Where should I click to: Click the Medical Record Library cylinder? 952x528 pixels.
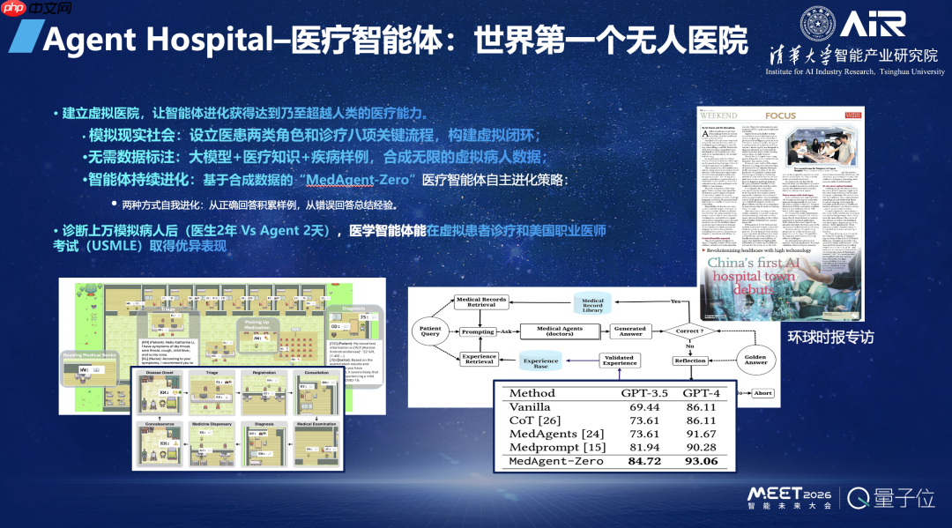click(x=592, y=304)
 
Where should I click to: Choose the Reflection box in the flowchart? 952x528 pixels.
click(x=689, y=361)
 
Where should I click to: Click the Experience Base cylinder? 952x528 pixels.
click(x=540, y=363)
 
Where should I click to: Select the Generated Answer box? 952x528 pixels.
click(x=629, y=331)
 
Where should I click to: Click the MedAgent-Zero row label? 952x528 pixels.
click(x=555, y=461)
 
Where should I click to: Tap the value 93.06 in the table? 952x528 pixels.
click(x=702, y=461)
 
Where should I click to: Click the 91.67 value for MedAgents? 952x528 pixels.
click(x=702, y=434)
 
